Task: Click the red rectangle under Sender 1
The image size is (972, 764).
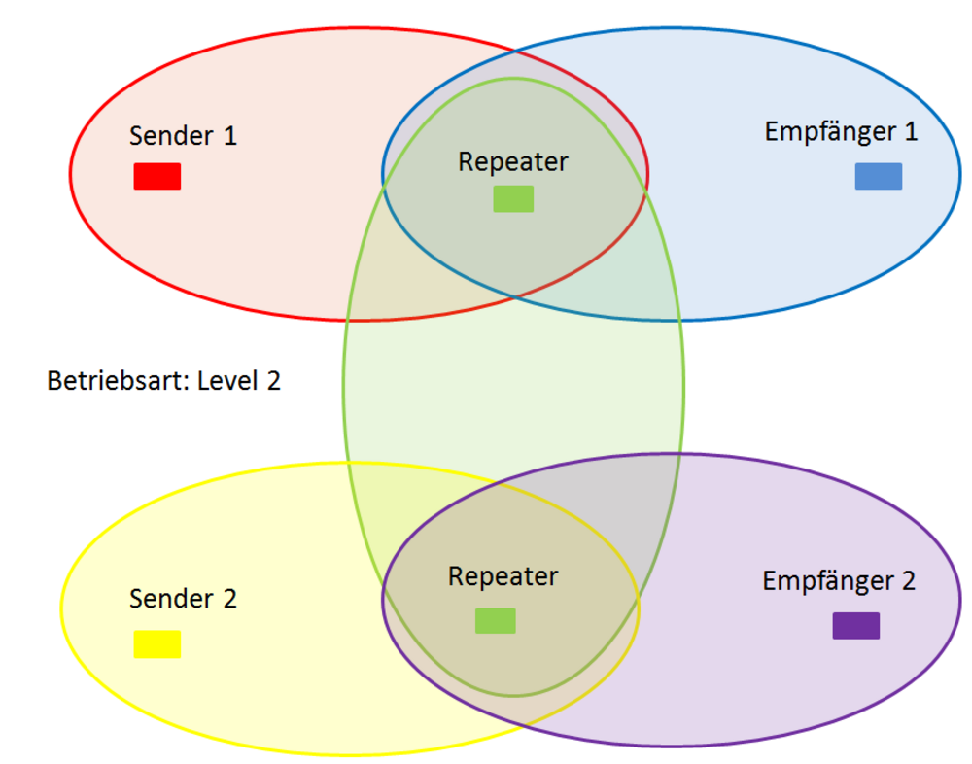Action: tap(157, 176)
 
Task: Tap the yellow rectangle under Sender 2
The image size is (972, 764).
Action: tap(157, 644)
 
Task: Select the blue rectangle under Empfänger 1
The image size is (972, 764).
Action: tap(879, 176)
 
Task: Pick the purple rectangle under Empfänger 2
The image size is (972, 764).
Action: tap(856, 626)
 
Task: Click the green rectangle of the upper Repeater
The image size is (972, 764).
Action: tap(513, 198)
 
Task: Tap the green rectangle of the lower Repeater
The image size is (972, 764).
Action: tap(496, 621)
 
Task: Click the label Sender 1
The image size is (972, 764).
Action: tap(183, 135)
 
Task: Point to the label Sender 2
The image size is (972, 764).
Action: tap(183, 599)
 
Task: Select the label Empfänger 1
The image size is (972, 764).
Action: tap(841, 131)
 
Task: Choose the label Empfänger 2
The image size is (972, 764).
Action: tap(839, 581)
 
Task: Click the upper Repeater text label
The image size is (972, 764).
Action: tap(513, 161)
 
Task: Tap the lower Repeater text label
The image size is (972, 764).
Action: tap(503, 576)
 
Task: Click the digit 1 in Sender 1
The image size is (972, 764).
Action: tap(229, 135)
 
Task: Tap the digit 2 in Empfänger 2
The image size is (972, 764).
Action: tap(908, 581)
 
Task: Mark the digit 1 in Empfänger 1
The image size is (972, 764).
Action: tap(911, 131)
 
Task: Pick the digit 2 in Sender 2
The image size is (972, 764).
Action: tap(229, 599)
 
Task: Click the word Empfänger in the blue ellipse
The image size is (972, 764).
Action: tap(828, 131)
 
